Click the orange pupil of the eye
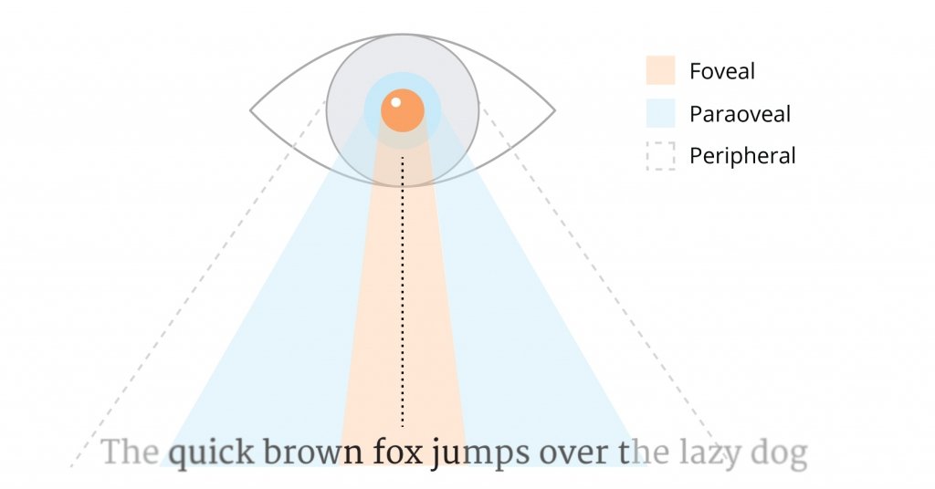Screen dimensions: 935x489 [403, 110]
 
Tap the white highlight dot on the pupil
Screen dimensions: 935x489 [395, 102]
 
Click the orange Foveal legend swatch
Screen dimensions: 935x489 [661, 70]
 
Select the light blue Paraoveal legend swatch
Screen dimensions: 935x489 [661, 113]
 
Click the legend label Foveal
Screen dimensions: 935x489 [722, 71]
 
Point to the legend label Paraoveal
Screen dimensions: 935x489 [740, 114]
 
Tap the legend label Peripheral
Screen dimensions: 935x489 [742, 156]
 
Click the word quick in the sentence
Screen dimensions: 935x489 [211, 453]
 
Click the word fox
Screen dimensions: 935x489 [399, 453]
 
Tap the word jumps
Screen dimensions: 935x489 [480, 453]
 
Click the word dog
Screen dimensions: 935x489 [779, 453]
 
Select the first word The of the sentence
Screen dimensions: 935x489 [130, 452]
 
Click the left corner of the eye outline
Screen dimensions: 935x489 [250, 110]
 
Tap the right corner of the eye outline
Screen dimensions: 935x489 [555, 110]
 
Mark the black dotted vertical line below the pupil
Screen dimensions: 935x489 [403, 292]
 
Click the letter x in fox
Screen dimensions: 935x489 [415, 456]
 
